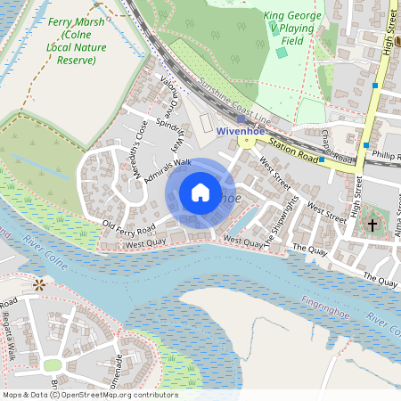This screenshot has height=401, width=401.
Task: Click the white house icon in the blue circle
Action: (200, 192)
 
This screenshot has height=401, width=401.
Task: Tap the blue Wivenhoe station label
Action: (241, 130)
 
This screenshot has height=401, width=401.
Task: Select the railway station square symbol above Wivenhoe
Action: (241, 118)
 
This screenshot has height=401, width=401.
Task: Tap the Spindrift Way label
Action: (169, 135)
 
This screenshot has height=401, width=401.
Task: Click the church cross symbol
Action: (372, 223)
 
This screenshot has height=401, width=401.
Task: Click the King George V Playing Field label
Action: (290, 28)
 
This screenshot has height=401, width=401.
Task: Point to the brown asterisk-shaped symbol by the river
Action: (39, 284)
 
